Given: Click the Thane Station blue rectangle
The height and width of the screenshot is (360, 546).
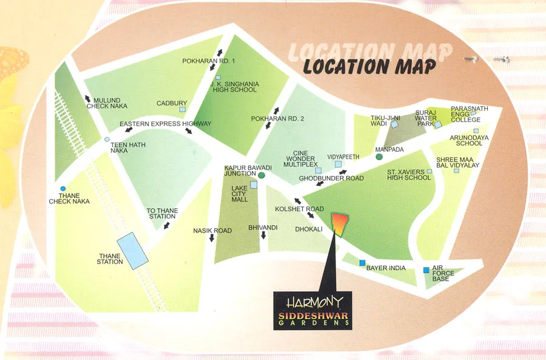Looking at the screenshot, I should (132, 250).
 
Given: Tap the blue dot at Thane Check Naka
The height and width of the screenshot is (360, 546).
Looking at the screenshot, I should (63, 188).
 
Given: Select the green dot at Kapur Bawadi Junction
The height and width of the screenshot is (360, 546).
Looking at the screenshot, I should (261, 175).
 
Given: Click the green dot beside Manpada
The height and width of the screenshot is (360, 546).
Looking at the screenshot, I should (379, 157).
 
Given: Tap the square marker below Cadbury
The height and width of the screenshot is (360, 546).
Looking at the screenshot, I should (183, 110).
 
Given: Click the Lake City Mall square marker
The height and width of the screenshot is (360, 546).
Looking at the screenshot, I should (254, 185).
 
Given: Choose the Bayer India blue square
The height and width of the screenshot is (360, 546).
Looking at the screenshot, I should (363, 263).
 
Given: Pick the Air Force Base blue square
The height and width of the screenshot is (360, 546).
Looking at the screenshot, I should (426, 270).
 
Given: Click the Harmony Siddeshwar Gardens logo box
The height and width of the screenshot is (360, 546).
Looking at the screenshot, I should (312, 310).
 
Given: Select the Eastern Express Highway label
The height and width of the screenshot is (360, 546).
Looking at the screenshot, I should (165, 124).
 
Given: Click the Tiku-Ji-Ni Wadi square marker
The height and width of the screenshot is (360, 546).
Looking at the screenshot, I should (394, 124).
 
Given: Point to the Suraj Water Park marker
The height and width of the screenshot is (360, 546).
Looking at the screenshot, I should (437, 125).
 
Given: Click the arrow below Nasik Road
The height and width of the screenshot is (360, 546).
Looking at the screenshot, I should (212, 239).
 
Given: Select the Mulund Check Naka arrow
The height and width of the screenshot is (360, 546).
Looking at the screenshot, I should (89, 98).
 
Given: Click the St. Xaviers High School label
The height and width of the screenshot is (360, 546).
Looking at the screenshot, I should (409, 175).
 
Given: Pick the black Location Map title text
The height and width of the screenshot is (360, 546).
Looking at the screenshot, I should (369, 66).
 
